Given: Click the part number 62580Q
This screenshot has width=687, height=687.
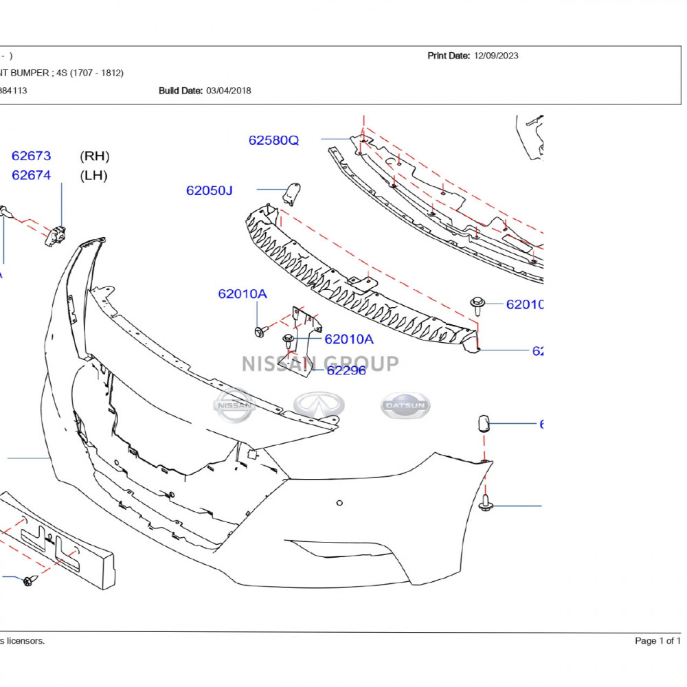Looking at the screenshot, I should pyautogui.click(x=273, y=141).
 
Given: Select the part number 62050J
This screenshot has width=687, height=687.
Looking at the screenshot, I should pyautogui.click(x=209, y=190).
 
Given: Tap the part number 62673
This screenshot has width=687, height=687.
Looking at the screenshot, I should pyautogui.click(x=31, y=156).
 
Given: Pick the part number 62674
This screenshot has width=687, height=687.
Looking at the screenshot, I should pyautogui.click(x=31, y=175).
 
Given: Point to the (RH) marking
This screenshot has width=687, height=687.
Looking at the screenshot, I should pyautogui.click(x=95, y=156).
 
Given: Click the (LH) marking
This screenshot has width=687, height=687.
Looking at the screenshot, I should pyautogui.click(x=94, y=175).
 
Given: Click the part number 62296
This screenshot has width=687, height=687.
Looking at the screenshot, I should pyautogui.click(x=346, y=370).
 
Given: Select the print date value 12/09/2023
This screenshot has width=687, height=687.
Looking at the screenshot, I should pyautogui.click(x=496, y=56).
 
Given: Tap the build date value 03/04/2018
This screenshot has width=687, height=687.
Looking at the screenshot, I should pyautogui.click(x=228, y=91).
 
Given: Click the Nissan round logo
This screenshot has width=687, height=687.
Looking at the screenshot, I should pyautogui.click(x=234, y=405).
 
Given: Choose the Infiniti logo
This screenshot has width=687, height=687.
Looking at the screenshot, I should pyautogui.click(x=319, y=405).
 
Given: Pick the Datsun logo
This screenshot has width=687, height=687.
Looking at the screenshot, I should pyautogui.click(x=406, y=405).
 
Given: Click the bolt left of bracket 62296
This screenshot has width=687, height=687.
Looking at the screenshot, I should pyautogui.click(x=260, y=332).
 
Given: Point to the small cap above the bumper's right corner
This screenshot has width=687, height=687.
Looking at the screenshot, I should pyautogui.click(x=483, y=423).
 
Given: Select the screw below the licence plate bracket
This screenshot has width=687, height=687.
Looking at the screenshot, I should pyautogui.click(x=29, y=581).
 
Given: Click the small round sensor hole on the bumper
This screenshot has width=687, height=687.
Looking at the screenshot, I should pyautogui.click(x=339, y=504).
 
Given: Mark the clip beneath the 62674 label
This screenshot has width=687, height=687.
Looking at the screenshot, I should pyautogui.click(x=54, y=236).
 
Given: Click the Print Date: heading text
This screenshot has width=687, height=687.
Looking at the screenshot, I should pyautogui.click(x=449, y=56).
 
